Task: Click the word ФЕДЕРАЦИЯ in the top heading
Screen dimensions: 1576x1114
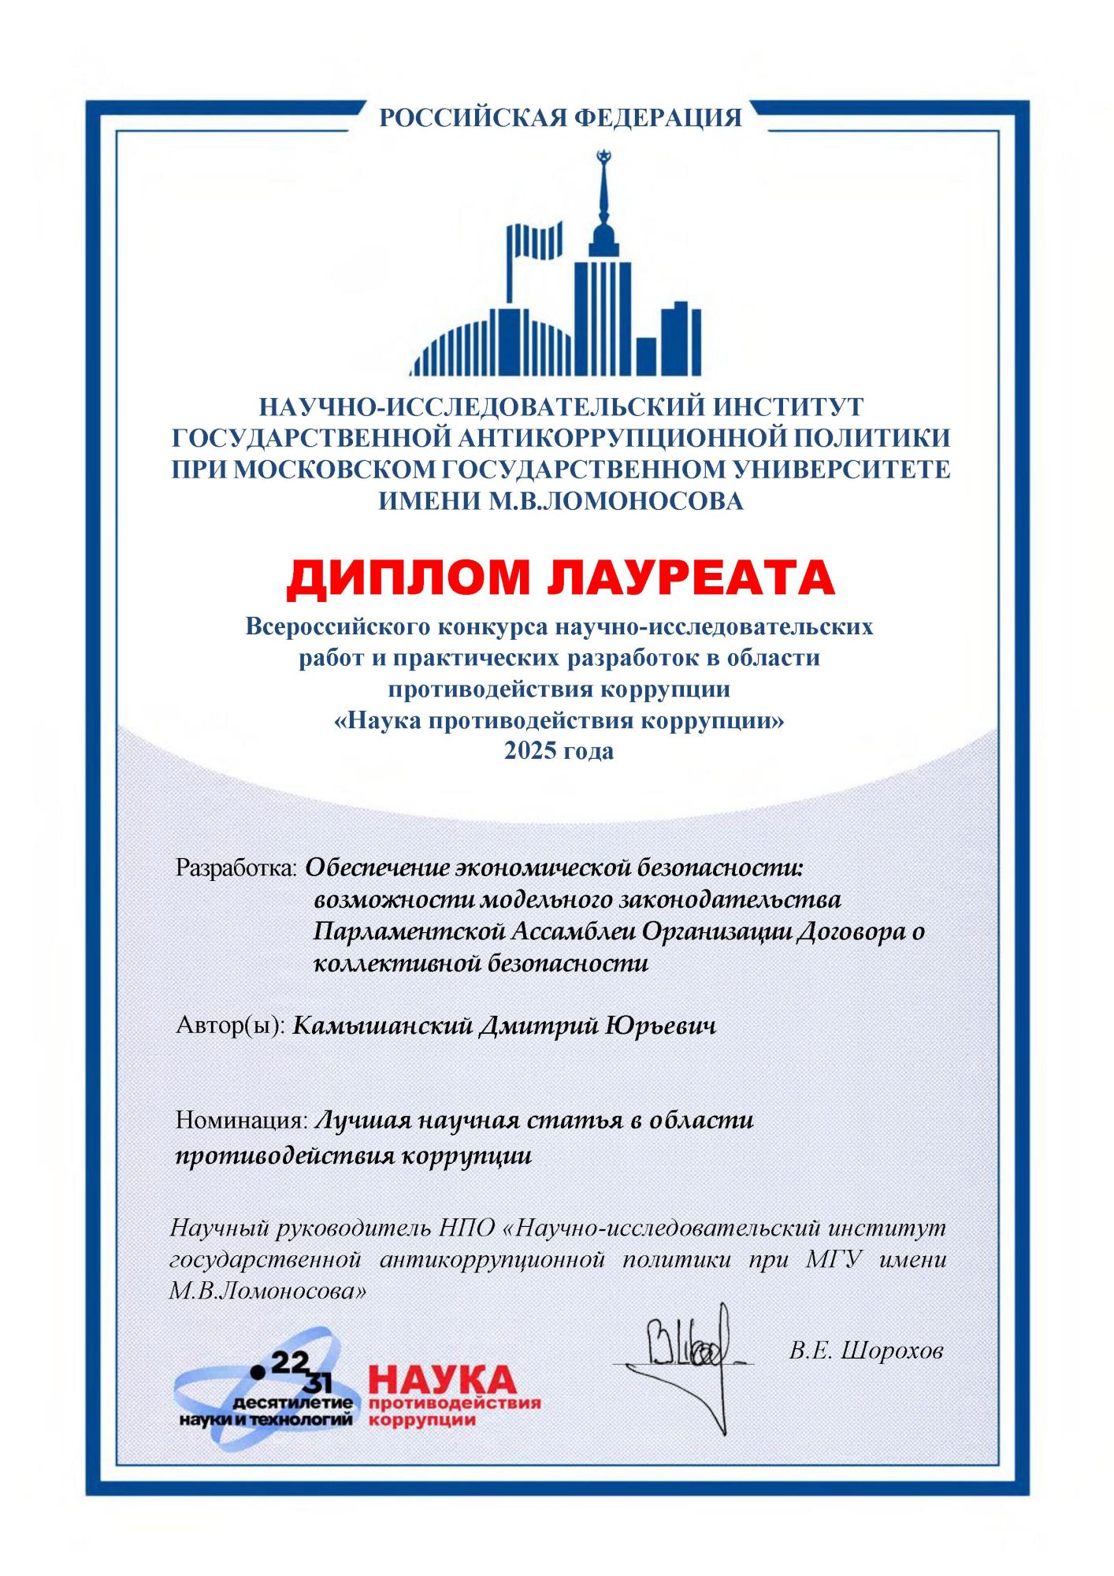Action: click(658, 118)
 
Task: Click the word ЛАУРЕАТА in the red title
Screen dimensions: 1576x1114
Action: click(691, 578)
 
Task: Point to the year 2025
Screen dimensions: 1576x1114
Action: click(532, 750)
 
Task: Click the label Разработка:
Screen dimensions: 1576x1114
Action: click(236, 868)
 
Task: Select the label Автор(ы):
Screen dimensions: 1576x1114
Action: click(230, 1025)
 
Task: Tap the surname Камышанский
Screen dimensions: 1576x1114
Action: click(382, 1025)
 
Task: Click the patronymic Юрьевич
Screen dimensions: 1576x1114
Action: click(661, 1025)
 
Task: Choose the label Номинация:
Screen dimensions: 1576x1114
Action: click(241, 1120)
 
